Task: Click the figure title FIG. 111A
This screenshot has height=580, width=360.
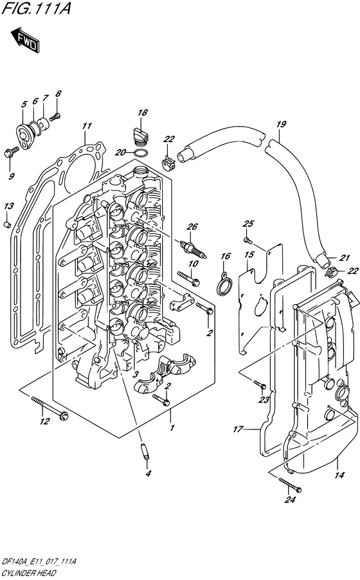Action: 36,9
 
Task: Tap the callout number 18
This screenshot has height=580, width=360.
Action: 143,113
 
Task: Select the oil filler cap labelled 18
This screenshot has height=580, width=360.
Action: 141,136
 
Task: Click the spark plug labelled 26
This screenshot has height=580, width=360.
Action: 193,249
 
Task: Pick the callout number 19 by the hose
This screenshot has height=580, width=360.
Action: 281,124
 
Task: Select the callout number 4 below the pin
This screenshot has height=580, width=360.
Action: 148,473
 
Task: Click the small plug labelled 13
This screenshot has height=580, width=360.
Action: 7,224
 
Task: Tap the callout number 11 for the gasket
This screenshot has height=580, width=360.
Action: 87,126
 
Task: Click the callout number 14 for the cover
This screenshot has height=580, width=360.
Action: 339,475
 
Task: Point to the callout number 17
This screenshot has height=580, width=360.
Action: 237,429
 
